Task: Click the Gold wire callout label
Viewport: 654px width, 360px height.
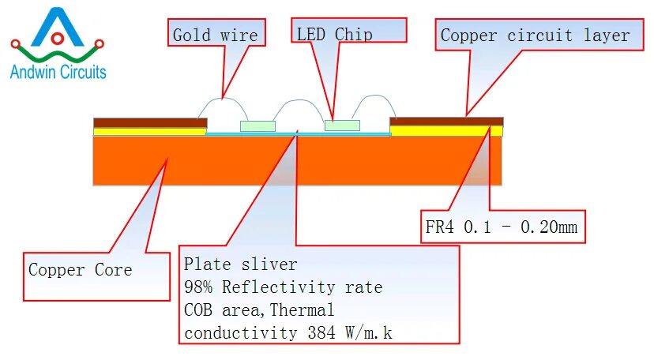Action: [215, 35]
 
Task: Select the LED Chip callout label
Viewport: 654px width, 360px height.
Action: [334, 34]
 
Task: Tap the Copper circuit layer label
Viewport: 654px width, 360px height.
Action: [535, 36]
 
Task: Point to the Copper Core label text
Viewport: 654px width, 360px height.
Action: [81, 270]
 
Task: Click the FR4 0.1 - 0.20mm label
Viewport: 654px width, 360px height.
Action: [498, 228]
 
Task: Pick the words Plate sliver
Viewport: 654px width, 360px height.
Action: [240, 264]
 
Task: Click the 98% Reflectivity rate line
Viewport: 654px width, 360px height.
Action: [283, 287]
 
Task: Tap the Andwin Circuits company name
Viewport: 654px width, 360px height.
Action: [58, 73]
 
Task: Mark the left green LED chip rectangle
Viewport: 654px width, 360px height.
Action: [257, 126]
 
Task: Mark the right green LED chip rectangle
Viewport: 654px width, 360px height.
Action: [342, 126]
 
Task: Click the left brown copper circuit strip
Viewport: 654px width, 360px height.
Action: [150, 122]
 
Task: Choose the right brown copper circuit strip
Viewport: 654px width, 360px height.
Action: [446, 121]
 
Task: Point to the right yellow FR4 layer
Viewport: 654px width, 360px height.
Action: [446, 130]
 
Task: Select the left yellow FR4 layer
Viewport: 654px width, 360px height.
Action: [150, 131]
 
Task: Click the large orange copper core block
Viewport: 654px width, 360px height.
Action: [297, 161]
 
